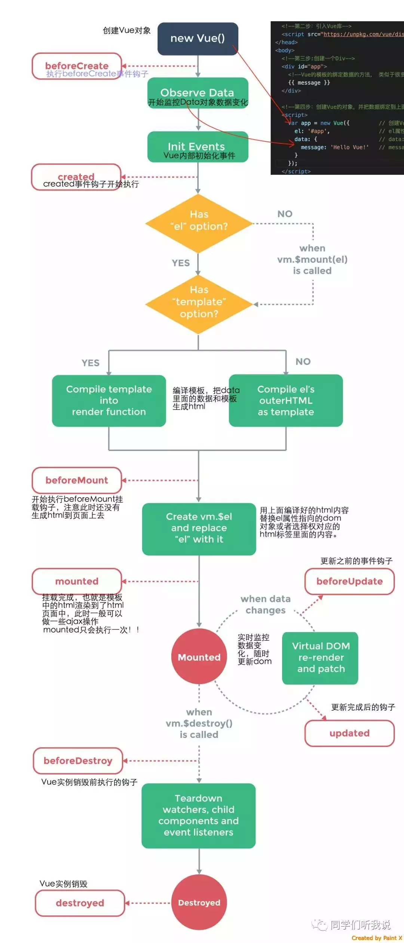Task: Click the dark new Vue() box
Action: coord(198,39)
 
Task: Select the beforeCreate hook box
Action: coord(77,66)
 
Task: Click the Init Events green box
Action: coord(198,147)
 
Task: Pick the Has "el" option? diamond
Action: coord(199,223)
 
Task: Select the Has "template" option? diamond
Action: coord(199,304)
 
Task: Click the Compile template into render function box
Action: coord(109,400)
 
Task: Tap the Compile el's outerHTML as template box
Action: coord(286,400)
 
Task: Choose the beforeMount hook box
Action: coord(77,480)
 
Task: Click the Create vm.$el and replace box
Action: coord(199,528)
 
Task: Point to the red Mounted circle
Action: coord(199,657)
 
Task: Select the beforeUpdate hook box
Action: coord(349,581)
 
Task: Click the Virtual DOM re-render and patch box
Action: coord(321,657)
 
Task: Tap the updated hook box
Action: coord(349,733)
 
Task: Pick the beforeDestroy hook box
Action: coord(78,761)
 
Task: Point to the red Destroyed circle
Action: coord(199,903)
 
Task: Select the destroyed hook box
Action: coord(80,903)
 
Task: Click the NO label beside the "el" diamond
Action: coord(285,214)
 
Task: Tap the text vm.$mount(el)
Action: coord(312,259)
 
